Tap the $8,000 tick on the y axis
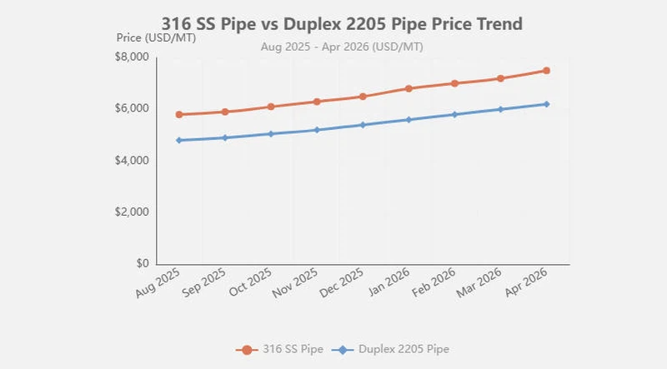coord(131,57)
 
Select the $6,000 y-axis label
coord(131,108)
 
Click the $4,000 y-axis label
coord(131,160)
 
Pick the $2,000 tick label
coord(131,212)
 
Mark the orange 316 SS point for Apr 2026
coord(546,70)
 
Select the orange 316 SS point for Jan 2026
coord(409,88)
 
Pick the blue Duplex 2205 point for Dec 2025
coord(362,125)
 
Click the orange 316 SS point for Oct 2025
coord(270,107)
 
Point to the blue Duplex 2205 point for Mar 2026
coord(500,109)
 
